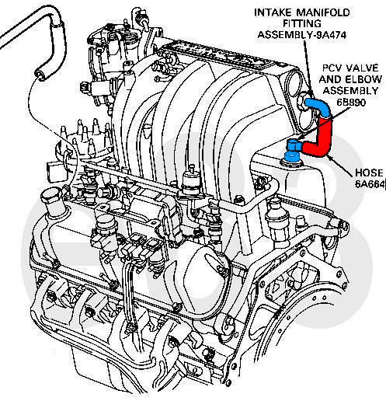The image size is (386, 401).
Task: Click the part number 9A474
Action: [332, 35]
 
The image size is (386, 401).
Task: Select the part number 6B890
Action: [351, 103]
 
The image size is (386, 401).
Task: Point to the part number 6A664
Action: [370, 184]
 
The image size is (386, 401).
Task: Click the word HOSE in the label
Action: [369, 173]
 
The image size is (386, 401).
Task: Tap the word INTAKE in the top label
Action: [273, 12]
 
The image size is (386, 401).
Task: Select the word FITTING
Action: [302, 23]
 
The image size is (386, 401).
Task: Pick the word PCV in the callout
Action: [332, 68]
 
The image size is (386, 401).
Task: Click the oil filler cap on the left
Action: [51, 197]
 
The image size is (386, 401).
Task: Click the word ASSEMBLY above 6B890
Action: [350, 91]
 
